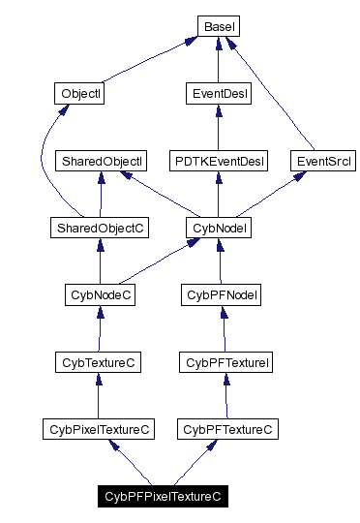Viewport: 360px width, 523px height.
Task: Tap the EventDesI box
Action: [218, 94]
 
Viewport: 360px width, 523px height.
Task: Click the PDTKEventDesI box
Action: [218, 161]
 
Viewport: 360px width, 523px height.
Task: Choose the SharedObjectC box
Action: [99, 228]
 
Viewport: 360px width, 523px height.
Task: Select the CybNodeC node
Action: [100, 294]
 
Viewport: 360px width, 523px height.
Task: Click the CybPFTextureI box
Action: [225, 361]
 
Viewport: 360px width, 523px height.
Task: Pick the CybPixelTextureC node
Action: [100, 428]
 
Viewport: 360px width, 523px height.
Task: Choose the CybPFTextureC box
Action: [226, 428]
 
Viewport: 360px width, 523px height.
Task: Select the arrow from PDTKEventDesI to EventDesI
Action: [218, 127]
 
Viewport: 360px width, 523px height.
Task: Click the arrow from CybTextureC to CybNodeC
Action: [100, 328]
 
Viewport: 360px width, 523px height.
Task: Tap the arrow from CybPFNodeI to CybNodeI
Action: [221, 261]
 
